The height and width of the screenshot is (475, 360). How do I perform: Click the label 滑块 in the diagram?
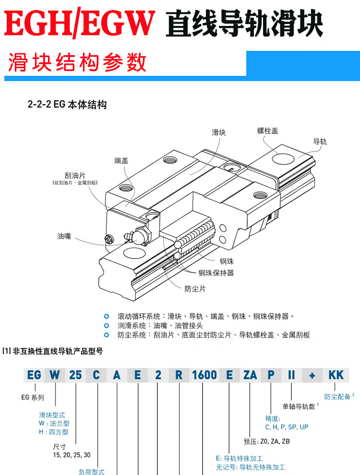tap(218, 132)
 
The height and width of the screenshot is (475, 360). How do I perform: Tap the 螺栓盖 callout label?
tap(267, 131)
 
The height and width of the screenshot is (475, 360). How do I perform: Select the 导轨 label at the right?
tap(320, 142)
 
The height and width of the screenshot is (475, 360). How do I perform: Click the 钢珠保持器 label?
tap(216, 273)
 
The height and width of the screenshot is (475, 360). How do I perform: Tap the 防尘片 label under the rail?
tap(195, 289)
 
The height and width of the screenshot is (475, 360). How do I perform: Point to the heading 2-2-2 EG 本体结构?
tap(67, 104)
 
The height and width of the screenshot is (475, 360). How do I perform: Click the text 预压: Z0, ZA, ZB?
tap(267, 441)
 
